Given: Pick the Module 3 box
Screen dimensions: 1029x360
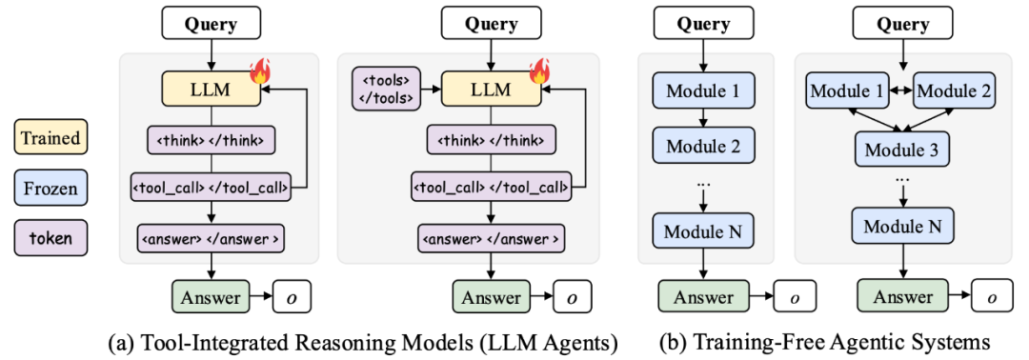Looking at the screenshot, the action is pos(900,150).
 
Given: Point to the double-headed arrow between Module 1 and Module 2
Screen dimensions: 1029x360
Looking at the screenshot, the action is pos(901,90).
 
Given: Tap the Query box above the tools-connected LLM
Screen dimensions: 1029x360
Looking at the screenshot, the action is pos(491,25).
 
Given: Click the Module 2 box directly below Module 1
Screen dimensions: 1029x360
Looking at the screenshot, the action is pos(703,147).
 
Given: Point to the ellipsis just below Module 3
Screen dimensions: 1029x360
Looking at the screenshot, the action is pos(900,178).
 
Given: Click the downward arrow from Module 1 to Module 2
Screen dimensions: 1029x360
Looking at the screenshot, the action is pos(703,118).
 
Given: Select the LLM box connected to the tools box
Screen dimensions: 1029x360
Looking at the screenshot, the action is pos(492,90).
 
